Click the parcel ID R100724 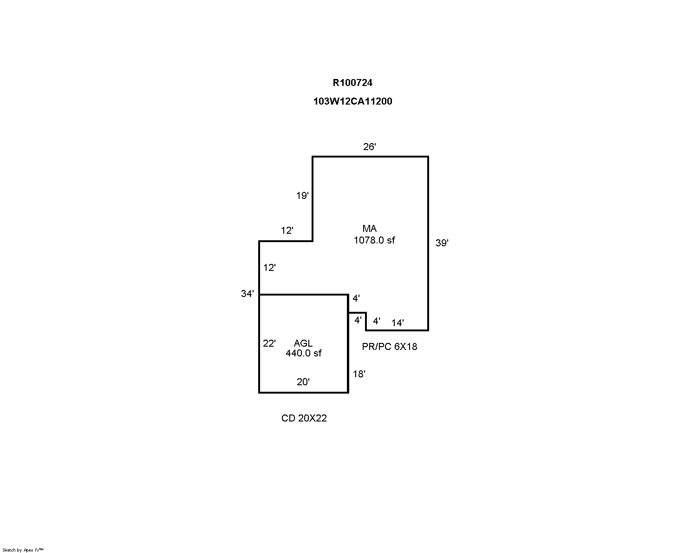click(352, 83)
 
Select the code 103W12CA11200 click(352, 101)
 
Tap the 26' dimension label click(369, 147)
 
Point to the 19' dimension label click(302, 195)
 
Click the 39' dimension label click(442, 243)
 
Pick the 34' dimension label click(247, 293)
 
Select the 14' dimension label click(398, 323)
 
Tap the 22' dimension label click(269, 343)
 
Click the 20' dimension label click(303, 382)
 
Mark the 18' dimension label click(359, 374)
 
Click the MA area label click(369, 229)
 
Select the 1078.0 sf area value click(374, 240)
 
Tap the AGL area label click(303, 343)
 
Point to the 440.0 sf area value click(303, 353)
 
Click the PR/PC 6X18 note click(390, 346)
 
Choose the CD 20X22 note click(304, 418)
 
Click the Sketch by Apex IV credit click(23, 550)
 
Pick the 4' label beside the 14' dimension click(377, 321)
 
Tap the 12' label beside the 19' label click(287, 230)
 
